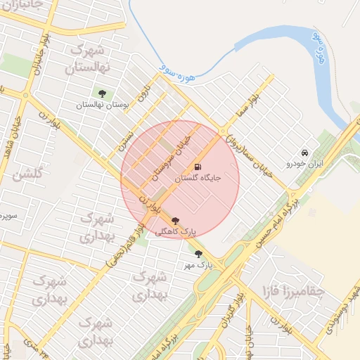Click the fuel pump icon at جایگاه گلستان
coord(198,167)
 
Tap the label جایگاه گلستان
coord(198,179)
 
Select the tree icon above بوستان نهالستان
coord(103,93)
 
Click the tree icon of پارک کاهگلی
coord(175,220)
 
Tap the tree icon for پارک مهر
coord(198,254)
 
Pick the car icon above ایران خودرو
coord(304,153)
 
